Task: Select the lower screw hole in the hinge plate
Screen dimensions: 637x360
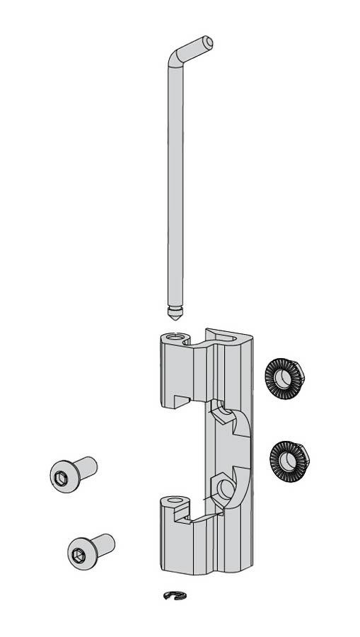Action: point(227,488)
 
